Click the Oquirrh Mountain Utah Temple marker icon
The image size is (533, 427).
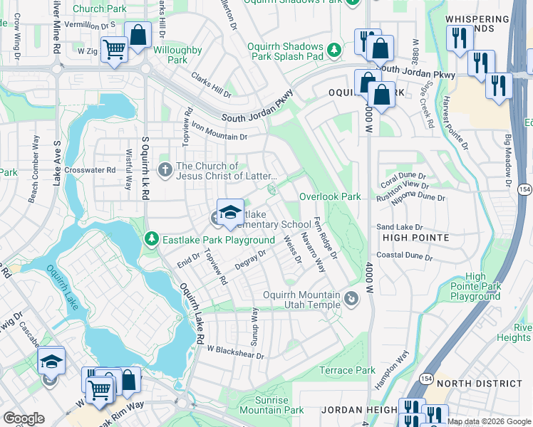click(x=351, y=300)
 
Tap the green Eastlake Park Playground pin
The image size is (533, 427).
click(x=151, y=239)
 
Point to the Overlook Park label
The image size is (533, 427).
click(x=330, y=196)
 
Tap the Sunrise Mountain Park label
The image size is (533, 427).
click(x=271, y=405)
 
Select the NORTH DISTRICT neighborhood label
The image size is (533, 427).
click(x=484, y=384)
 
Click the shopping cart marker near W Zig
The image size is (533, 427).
click(x=113, y=50)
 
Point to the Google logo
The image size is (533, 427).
click(x=24, y=418)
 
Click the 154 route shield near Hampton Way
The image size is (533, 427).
click(x=425, y=376)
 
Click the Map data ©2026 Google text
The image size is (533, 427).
click(x=489, y=421)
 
